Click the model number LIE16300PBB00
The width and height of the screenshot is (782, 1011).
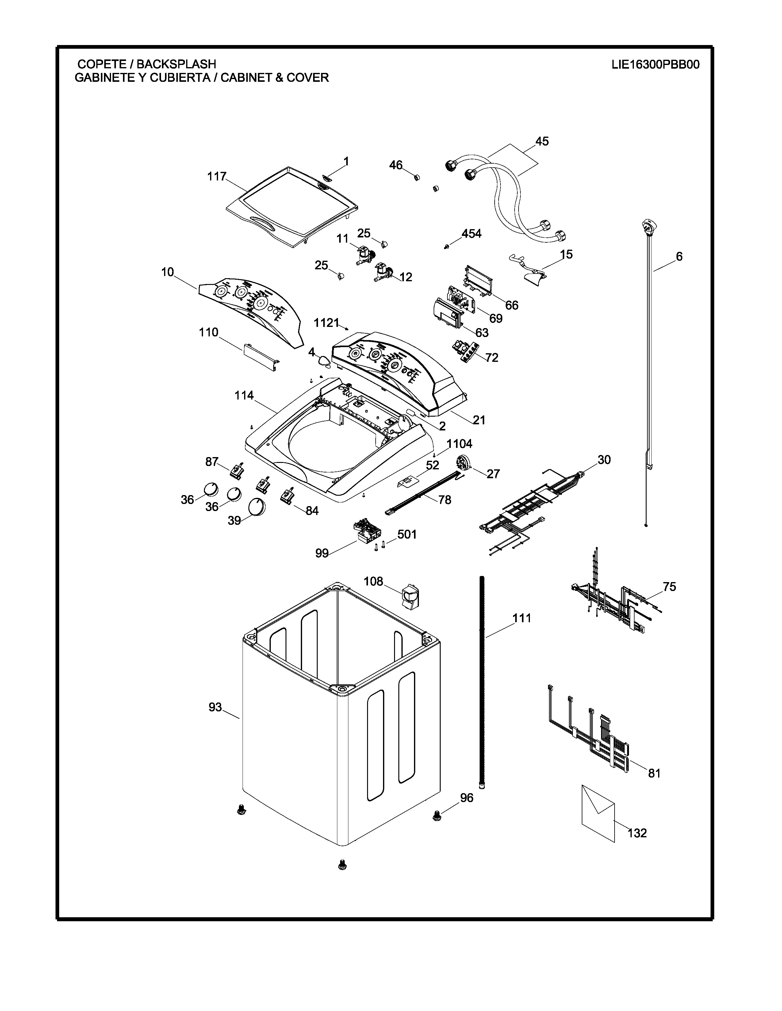click(x=655, y=64)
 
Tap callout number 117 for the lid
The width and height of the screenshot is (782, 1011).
click(x=217, y=176)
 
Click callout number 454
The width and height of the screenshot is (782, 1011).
click(x=472, y=234)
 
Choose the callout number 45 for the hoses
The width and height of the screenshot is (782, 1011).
click(x=542, y=141)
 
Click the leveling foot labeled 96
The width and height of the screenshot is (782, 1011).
click(x=436, y=817)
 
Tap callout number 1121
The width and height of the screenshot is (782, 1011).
click(x=327, y=323)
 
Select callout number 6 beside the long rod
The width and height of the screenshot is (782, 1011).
click(x=679, y=256)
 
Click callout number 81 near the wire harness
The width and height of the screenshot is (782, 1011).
click(x=654, y=773)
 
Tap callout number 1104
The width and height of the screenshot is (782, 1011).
click(x=460, y=444)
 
